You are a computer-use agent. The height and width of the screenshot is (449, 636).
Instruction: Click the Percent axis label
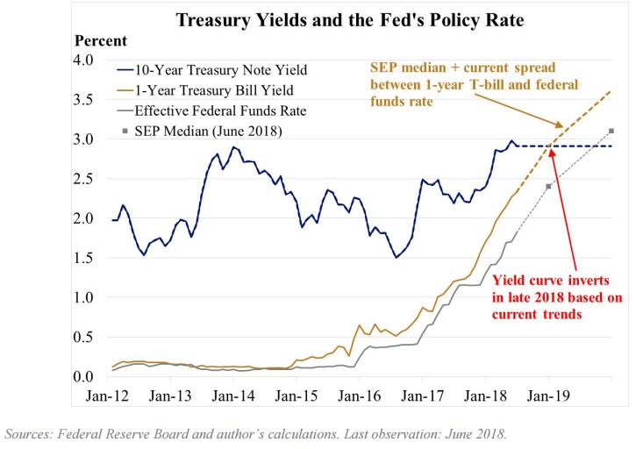coord(101,41)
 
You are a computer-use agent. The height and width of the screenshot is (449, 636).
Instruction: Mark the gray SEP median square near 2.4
coord(549,187)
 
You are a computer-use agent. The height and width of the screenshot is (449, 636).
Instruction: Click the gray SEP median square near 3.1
coord(611,131)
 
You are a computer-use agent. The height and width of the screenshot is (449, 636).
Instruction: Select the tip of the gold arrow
coord(563,130)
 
